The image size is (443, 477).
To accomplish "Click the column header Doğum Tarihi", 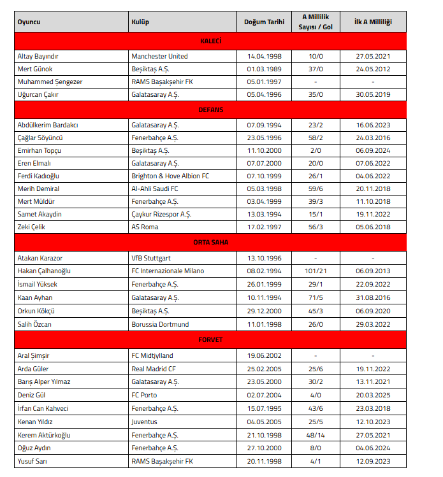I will pos(264,22).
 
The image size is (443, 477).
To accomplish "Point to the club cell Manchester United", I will pos(159,56).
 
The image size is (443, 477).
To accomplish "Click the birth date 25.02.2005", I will pos(264,369).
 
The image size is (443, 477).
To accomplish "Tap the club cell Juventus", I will pos(145,422).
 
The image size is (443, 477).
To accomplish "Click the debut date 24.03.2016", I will pos(373,138).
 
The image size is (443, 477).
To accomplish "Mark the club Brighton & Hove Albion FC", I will pos(171,176).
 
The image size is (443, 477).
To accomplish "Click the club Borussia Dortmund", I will pos(160,324).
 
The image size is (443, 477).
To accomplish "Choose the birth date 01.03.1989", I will pos(264,69).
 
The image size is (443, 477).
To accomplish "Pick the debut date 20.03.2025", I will pos(373,395).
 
